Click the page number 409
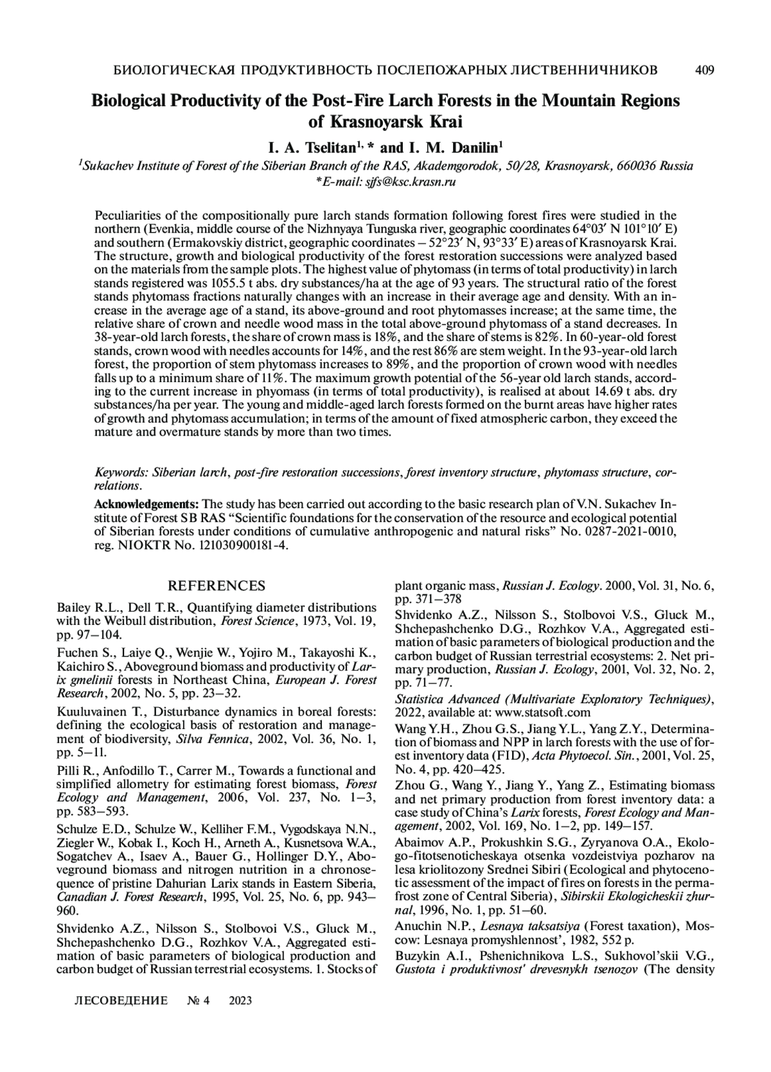(705, 70)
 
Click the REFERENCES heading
(216, 586)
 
